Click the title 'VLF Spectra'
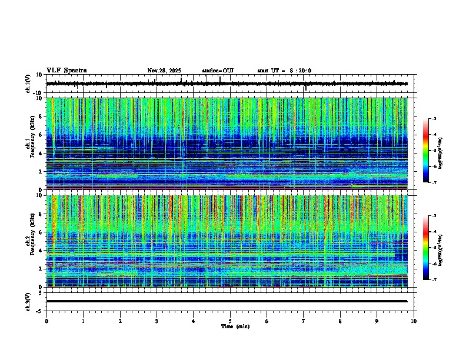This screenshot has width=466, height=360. click(x=66, y=71)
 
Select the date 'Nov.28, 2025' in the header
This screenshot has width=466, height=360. click(x=164, y=71)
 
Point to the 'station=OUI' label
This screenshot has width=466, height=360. click(x=218, y=71)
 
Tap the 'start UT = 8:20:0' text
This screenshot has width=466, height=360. click(x=284, y=71)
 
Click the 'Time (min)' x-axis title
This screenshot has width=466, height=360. click(x=235, y=326)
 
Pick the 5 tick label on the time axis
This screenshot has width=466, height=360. click(x=230, y=321)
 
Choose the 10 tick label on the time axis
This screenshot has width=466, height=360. click(x=414, y=321)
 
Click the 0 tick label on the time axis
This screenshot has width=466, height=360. click(x=46, y=321)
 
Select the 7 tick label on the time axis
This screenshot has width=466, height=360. click(x=304, y=321)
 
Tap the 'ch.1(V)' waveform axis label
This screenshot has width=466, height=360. click(x=28, y=84)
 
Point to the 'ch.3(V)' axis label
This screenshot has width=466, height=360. click(x=28, y=301)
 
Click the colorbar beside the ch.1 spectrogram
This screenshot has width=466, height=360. click(x=425, y=151)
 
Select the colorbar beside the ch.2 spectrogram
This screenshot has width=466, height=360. click(x=425, y=248)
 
